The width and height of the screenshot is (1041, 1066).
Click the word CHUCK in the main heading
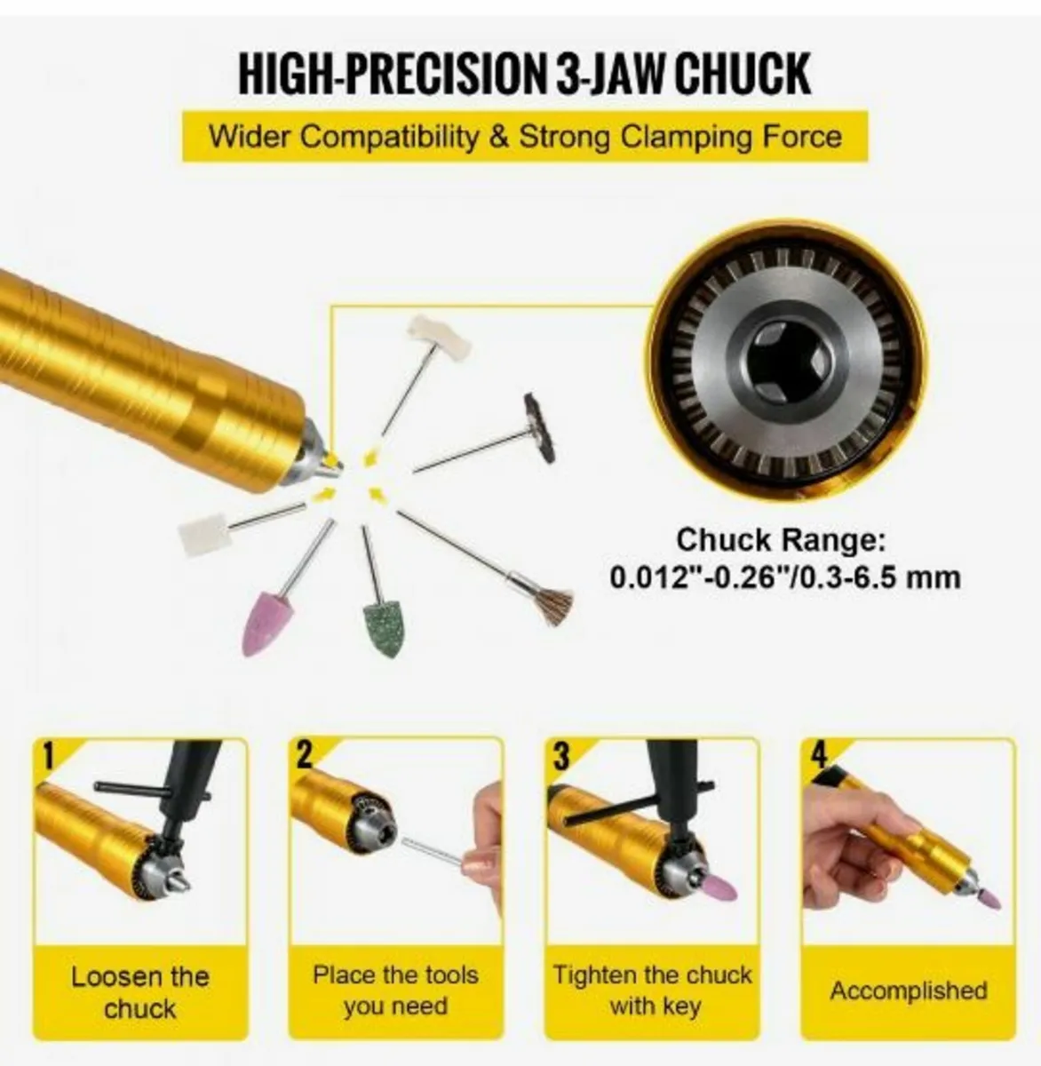(742, 74)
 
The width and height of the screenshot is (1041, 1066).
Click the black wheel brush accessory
(539, 427)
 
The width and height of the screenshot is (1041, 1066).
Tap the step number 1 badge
(49, 757)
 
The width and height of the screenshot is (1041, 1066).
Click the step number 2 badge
(305, 755)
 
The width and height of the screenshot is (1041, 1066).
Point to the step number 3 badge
(562, 757)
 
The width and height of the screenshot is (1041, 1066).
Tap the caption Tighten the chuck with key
(653, 990)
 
